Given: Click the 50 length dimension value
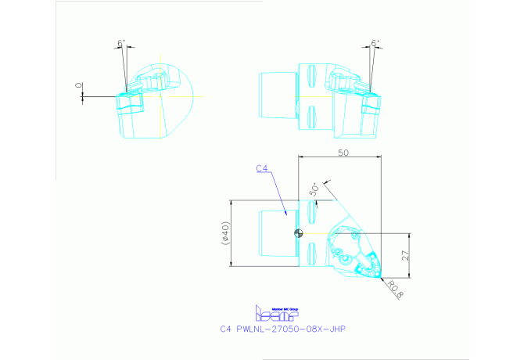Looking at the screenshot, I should click(343, 153).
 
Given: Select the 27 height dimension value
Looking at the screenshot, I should click(405, 254).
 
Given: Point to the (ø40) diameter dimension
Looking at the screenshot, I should click(225, 233).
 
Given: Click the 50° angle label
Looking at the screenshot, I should click(314, 188).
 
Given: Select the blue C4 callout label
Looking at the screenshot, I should click(263, 168).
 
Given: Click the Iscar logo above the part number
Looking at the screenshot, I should click(271, 312).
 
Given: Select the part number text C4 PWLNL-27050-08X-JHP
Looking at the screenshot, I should click(282, 329).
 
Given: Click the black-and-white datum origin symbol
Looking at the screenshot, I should click(298, 233).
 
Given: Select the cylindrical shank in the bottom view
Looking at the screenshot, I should click(276, 233).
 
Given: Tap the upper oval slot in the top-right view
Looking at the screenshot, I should click(311, 78).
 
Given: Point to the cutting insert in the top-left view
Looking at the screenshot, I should click(126, 102).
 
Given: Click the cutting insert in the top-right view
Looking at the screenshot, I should click(372, 102).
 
